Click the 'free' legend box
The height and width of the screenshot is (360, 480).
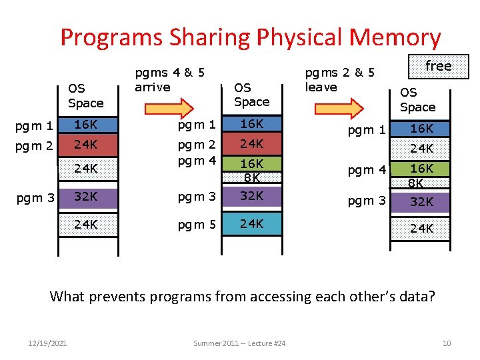pyautogui.click(x=438, y=66)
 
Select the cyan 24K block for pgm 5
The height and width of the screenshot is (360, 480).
pyautogui.click(x=251, y=224)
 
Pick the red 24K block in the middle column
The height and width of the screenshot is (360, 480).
pyautogui.click(x=251, y=143)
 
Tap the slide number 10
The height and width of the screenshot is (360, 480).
pyautogui.click(x=447, y=343)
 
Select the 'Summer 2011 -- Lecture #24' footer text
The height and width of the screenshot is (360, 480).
pyautogui.click(x=239, y=343)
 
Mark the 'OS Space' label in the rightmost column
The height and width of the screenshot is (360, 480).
pyautogui.click(x=417, y=100)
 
